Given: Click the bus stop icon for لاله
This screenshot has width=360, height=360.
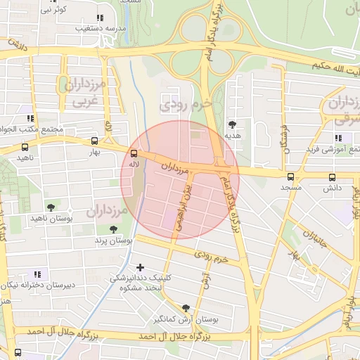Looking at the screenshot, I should [x=134, y=153].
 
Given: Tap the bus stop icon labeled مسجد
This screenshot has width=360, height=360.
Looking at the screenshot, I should [x=291, y=176].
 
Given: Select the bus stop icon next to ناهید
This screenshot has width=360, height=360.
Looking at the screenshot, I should [x=25, y=148].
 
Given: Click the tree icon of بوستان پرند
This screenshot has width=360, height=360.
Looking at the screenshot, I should [x=113, y=229].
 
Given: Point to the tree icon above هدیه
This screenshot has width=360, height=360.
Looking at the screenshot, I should [x=233, y=124].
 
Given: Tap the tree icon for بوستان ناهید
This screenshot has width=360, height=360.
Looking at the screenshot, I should [x=51, y=207].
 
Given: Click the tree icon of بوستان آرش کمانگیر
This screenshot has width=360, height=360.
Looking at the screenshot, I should [x=186, y=308].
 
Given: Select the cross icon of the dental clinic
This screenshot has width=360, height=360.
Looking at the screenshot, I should [x=141, y=267].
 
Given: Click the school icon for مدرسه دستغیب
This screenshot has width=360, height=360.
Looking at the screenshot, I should [x=99, y=18].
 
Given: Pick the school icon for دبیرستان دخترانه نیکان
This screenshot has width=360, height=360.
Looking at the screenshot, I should [x=37, y=274].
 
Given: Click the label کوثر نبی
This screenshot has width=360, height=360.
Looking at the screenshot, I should [x=53, y=9].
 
